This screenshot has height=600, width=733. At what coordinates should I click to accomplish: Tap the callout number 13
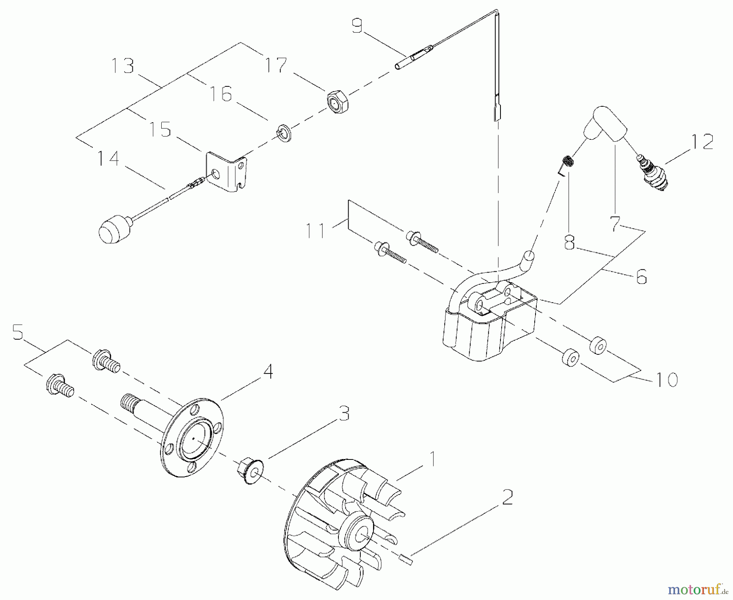123,66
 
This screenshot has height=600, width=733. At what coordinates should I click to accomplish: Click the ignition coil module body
485,330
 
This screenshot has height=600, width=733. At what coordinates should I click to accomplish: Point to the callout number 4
268,371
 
